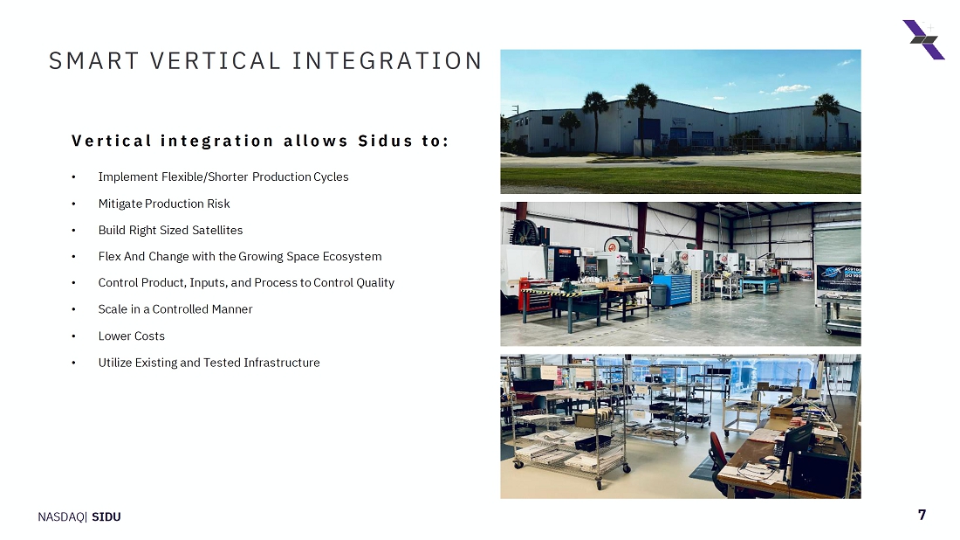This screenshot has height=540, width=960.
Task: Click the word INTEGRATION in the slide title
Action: pos(387,61)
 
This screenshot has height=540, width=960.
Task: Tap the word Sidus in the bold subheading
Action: pos(385,141)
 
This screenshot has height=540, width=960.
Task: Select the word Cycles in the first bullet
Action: pos(331,177)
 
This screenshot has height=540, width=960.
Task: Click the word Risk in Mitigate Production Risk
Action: pos(218,204)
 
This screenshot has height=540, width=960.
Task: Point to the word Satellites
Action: pos(217,230)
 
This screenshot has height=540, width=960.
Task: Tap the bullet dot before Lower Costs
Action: pos(73,336)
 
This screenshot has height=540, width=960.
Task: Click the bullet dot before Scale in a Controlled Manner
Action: pos(73,309)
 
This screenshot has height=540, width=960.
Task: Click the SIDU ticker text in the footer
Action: pos(106,516)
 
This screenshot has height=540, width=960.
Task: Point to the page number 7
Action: pos(922,515)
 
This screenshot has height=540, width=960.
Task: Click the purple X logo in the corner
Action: pos(924,40)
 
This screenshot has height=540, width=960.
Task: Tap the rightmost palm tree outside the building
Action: pos(826,120)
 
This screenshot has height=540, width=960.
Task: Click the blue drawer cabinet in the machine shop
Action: pos(673,289)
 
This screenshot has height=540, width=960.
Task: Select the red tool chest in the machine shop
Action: pos(534,294)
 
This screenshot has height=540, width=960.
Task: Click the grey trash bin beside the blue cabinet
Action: pos(658,294)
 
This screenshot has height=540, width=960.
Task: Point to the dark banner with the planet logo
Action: pos(839,278)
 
